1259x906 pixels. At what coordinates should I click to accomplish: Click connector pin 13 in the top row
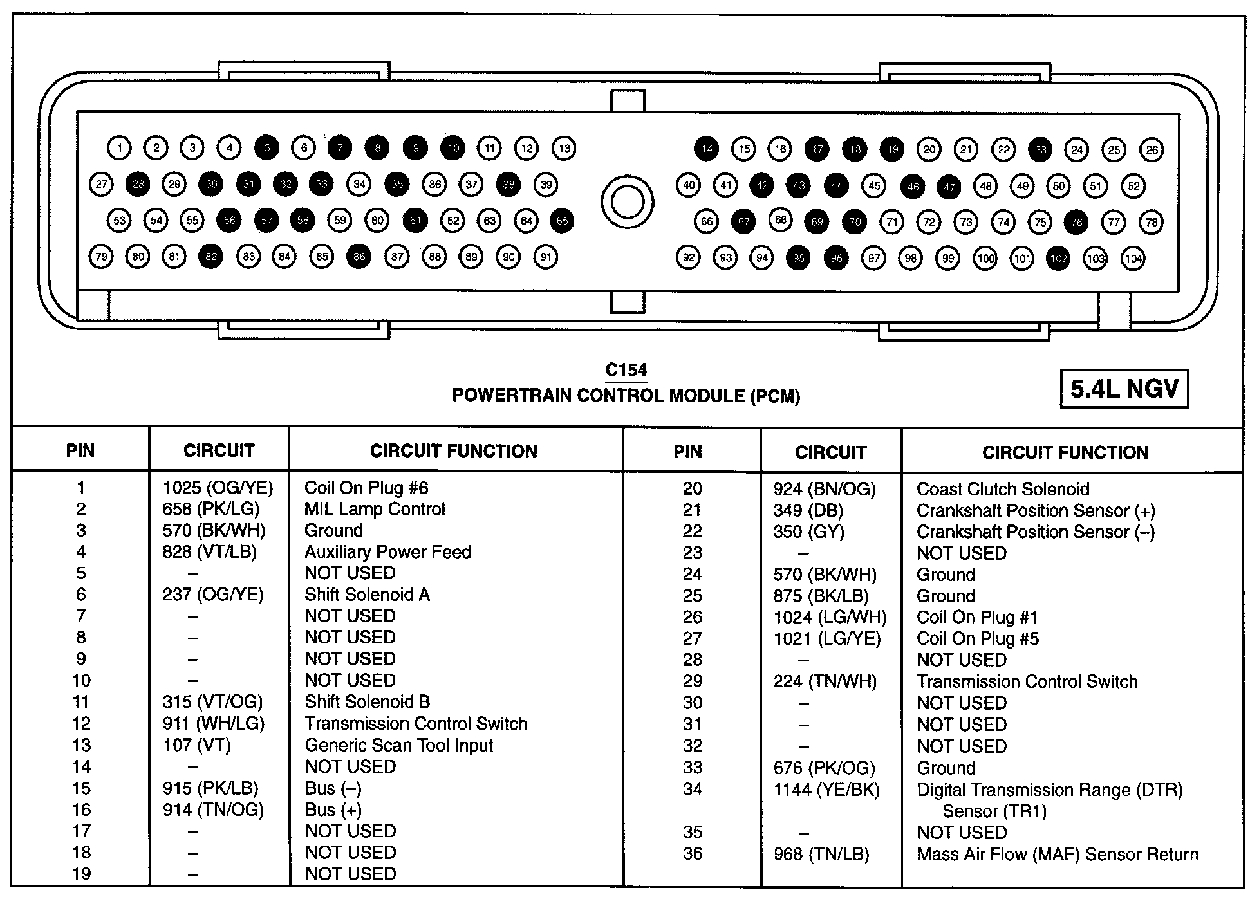coord(564,148)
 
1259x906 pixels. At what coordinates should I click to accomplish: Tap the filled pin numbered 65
coord(562,221)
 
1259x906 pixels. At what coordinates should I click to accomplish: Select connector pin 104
coord(1133,259)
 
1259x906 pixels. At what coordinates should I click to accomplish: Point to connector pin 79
coord(101,257)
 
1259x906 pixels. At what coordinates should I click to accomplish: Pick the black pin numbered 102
coord(1058,259)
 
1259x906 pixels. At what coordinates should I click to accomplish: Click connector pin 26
coord(1152,150)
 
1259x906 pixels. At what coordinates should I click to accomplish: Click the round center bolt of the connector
coord(627,202)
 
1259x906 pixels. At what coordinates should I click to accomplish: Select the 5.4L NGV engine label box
coord(1124,389)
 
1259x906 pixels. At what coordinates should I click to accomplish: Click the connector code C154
coord(626,370)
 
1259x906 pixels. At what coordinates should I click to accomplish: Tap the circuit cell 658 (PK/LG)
coord(211,509)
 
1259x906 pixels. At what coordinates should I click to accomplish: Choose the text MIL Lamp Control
coord(375,509)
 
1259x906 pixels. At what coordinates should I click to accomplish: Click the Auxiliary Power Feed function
coord(387,552)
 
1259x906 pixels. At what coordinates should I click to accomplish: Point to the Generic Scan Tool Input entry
coord(399,745)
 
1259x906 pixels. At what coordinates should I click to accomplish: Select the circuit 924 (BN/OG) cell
coord(825,489)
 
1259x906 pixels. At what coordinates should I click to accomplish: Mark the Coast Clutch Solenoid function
coord(1003,489)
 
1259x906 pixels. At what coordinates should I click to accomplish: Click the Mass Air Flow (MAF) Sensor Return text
coord(1058,855)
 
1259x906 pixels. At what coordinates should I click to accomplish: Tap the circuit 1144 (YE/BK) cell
coord(826,790)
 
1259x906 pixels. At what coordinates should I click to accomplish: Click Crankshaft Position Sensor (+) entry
coord(1036,510)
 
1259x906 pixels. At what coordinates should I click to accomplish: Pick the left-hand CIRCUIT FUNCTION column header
coord(454,451)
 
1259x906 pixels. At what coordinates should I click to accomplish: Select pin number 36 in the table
coord(692,854)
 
